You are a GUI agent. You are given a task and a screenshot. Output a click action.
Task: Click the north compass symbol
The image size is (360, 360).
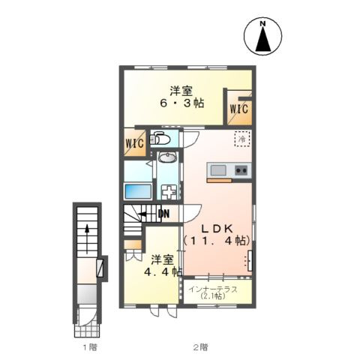click(263, 37)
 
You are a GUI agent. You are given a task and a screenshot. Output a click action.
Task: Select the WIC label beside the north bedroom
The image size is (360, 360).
click(239, 109)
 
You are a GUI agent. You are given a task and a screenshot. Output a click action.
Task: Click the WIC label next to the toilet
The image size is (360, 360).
click(135, 142)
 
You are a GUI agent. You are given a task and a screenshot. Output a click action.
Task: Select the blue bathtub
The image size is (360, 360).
click(138, 189)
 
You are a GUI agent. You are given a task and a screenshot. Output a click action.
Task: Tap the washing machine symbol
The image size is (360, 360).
click(169, 190)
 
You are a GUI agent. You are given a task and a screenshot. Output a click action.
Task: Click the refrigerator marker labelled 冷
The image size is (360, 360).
click(242, 139)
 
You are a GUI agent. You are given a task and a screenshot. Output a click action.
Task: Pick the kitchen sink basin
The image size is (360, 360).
click(217, 169)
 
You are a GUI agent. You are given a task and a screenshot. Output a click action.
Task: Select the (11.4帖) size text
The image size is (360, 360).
click(217, 241)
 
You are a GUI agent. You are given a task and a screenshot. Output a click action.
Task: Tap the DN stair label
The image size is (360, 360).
click(163, 214)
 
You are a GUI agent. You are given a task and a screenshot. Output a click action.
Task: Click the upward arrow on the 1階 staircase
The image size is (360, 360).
click(87, 234)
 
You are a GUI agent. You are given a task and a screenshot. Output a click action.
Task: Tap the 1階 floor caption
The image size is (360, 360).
click(89, 346)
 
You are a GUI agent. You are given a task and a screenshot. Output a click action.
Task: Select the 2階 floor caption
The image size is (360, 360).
click(199, 346)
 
